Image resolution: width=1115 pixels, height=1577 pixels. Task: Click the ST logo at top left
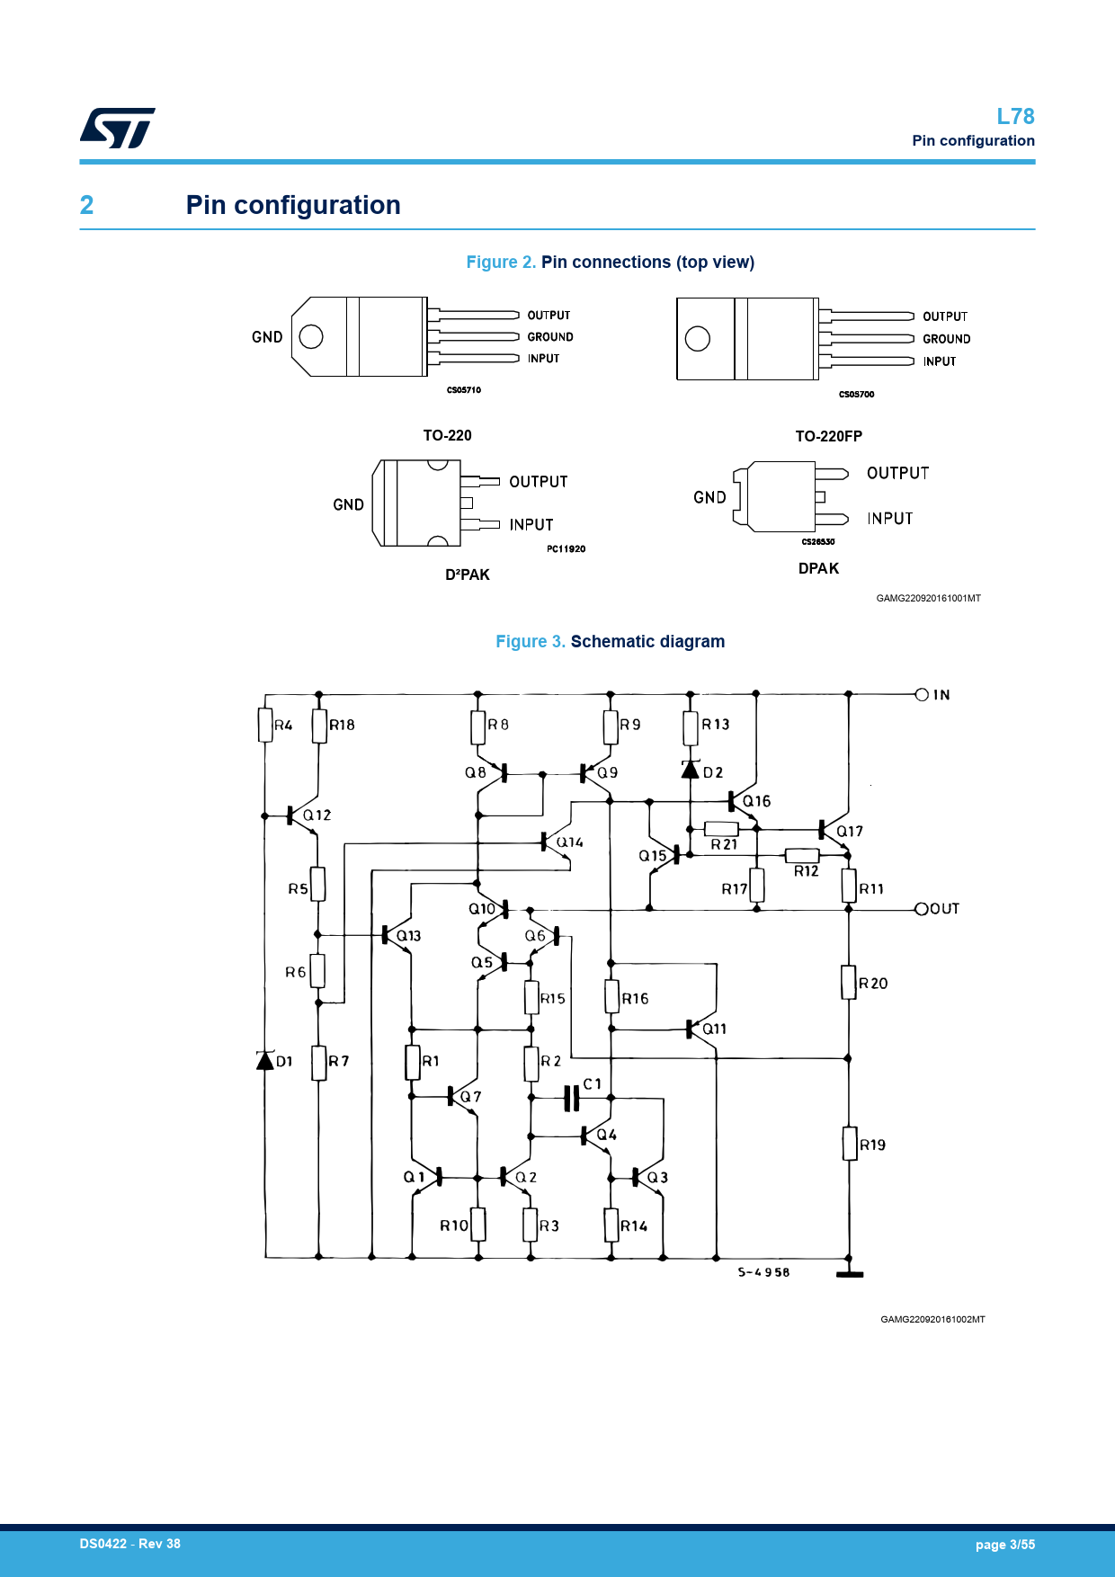[117, 128]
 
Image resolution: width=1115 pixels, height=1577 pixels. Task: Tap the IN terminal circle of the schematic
[921, 694]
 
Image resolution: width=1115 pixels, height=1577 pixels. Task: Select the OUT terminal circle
[921, 909]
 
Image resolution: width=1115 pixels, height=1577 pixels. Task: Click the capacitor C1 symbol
[571, 1098]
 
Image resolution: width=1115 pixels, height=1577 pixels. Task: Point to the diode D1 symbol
[265, 1061]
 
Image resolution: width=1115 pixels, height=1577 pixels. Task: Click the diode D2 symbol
[691, 770]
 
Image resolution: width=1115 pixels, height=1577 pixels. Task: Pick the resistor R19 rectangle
[849, 1144]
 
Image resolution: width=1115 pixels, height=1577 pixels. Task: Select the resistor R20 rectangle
[848, 982]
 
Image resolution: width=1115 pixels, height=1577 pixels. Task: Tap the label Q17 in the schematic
[850, 832]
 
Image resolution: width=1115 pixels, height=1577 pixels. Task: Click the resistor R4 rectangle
[265, 726]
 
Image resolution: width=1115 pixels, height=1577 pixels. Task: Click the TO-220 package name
[447, 435]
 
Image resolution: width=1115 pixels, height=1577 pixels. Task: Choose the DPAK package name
[818, 568]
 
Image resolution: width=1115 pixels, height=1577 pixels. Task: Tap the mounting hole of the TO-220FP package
[698, 338]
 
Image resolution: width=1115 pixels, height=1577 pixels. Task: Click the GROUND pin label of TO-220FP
[946, 339]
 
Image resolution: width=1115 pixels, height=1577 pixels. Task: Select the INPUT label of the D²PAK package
[531, 525]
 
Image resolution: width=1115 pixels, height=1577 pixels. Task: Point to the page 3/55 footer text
[1004, 1545]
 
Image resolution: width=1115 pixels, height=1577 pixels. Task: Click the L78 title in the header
[1015, 117]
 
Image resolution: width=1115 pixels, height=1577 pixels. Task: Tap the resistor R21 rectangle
[721, 829]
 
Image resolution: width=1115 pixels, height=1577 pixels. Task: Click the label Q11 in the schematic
[714, 1029]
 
